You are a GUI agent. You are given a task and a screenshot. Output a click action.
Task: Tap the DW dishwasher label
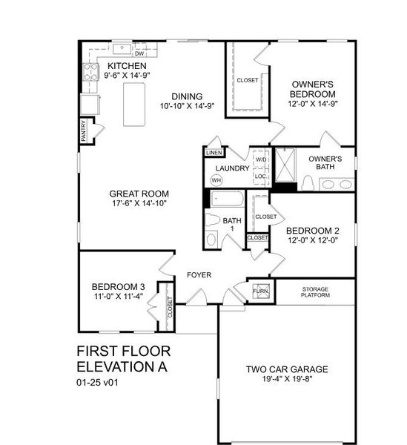click(139, 53)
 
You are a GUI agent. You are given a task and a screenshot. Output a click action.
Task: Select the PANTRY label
click(84, 131)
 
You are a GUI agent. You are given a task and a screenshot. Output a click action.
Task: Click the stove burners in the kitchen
click(92, 71)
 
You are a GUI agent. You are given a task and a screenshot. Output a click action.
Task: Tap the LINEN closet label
click(214, 153)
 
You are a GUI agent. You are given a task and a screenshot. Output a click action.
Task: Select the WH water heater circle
click(216, 180)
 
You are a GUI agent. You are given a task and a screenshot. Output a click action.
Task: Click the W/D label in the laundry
click(261, 159)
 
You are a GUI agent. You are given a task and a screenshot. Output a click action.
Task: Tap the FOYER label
click(199, 275)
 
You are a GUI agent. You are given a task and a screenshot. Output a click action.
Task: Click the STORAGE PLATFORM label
click(315, 291)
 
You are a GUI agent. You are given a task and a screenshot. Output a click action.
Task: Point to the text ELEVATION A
click(122, 366)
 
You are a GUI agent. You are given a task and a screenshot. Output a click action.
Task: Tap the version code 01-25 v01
click(97, 383)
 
